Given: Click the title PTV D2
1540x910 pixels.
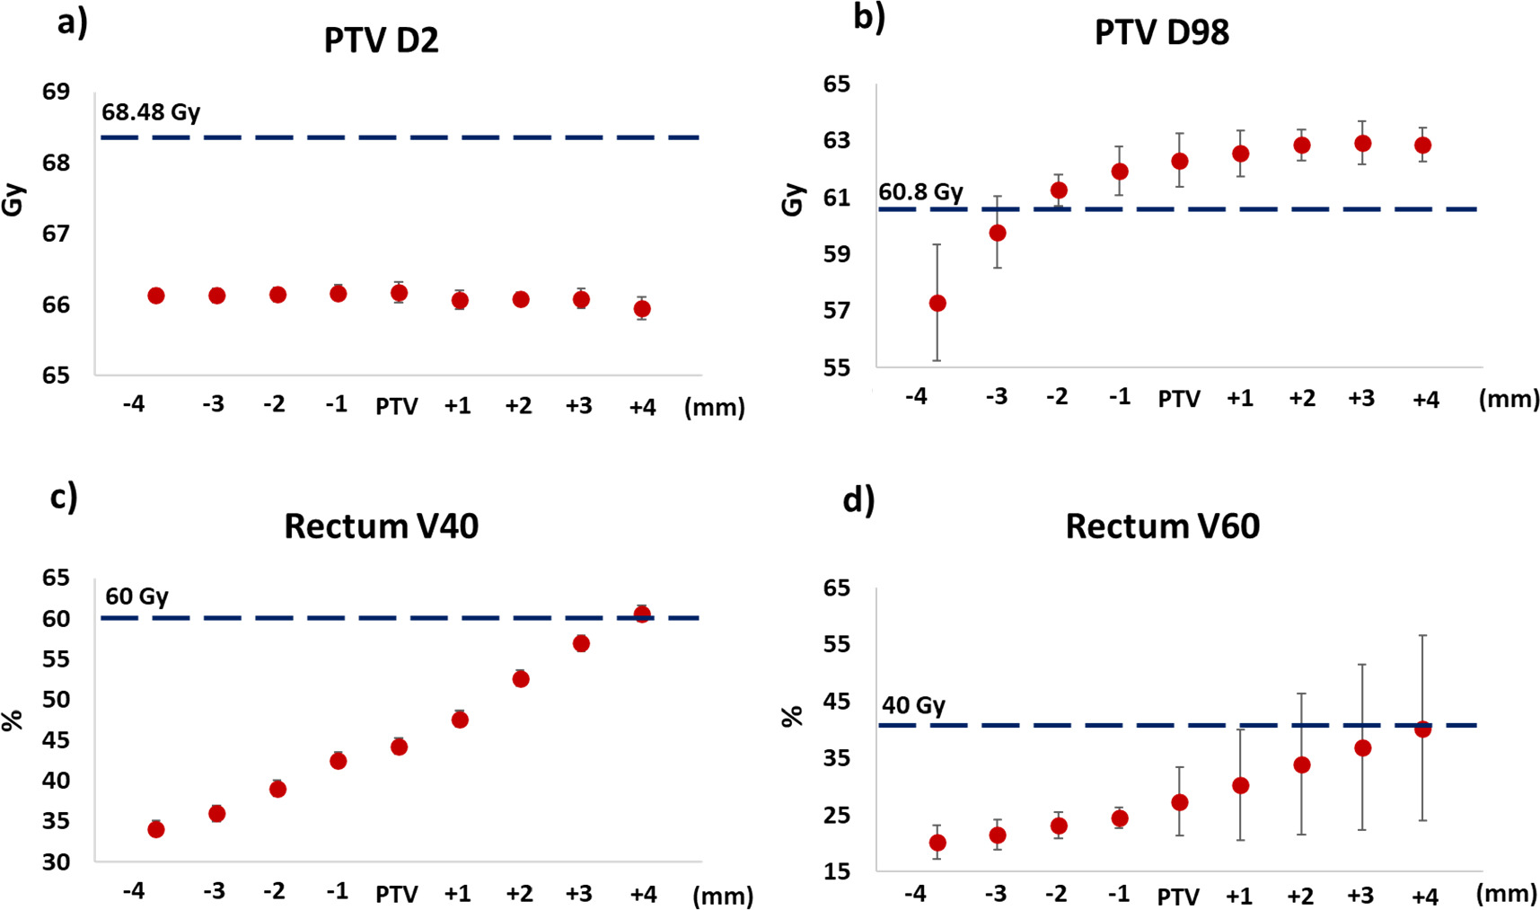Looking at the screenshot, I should [381, 41].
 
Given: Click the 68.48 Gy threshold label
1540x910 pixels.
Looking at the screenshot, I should [150, 112].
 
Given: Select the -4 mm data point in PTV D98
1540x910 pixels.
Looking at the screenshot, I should [937, 304].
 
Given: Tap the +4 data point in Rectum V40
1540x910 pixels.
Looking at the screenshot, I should [642, 614].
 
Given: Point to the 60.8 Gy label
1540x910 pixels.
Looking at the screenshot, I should [920, 192].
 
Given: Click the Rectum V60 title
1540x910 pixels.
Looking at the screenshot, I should [1162, 526].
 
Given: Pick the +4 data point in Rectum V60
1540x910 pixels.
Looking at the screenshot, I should [1422, 729].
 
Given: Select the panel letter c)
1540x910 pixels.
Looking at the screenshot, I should [64, 497].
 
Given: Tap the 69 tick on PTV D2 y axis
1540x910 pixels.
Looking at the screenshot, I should [56, 92].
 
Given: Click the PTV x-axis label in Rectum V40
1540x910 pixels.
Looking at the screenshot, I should [397, 895].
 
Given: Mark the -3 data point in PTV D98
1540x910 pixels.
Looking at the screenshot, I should [997, 234].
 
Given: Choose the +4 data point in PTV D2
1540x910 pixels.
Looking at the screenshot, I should [642, 309].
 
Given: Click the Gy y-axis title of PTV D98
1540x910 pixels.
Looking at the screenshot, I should [792, 199].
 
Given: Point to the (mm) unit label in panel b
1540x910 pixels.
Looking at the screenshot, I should [1509, 399].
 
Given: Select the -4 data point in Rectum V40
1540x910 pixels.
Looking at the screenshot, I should [155, 829].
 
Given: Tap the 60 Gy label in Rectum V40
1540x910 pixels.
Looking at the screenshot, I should [136, 596].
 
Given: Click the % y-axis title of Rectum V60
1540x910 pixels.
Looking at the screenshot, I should [791, 716].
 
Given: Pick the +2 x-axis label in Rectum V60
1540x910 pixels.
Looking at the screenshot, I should [1300, 896].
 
